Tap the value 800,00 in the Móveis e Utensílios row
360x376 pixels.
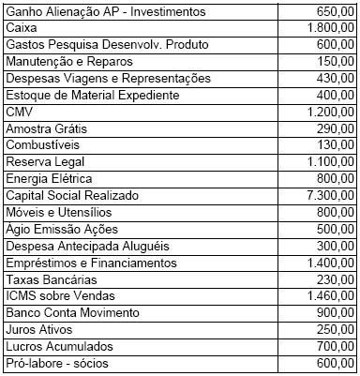(333, 213)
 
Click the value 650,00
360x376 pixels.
(333, 11)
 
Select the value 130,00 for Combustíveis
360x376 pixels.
(333, 145)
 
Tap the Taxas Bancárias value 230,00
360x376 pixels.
(333, 279)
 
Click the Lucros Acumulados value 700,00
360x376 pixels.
(333, 347)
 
